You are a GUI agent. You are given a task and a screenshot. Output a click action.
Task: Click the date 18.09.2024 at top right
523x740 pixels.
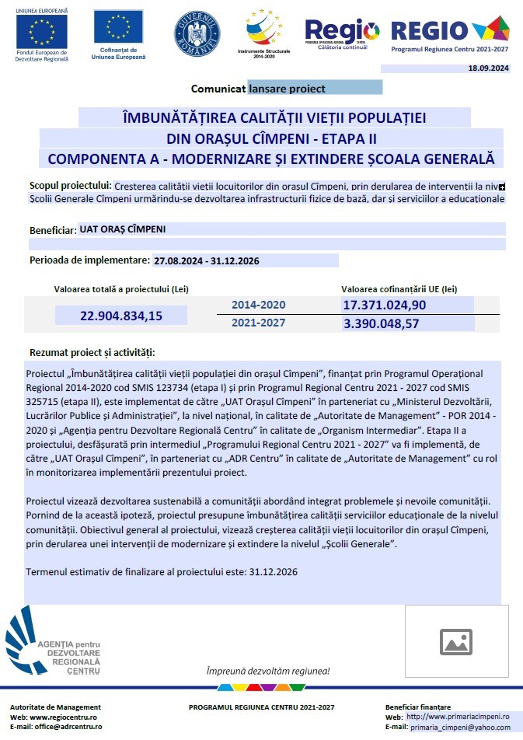click(488, 69)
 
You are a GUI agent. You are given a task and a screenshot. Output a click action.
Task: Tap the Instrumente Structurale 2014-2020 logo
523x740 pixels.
click(266, 30)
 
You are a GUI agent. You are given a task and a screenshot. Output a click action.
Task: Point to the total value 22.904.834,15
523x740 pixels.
click(121, 316)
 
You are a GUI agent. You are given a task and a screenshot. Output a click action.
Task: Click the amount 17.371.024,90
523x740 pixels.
click(385, 305)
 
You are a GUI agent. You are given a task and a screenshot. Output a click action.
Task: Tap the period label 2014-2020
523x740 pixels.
click(259, 305)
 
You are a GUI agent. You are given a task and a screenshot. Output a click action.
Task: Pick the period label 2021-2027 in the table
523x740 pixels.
click(259, 323)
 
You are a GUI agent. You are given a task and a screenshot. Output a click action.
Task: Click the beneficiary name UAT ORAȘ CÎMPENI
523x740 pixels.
click(123, 229)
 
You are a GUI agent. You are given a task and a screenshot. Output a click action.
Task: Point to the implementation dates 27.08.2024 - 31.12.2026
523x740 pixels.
click(207, 261)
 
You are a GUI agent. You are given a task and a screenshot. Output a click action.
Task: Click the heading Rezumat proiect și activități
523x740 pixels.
click(92, 352)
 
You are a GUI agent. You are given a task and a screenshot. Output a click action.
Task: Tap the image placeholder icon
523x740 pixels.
click(456, 641)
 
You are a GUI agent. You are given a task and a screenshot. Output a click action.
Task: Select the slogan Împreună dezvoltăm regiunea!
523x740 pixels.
click(268, 671)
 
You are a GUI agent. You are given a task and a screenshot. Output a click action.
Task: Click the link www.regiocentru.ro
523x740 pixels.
click(64, 717)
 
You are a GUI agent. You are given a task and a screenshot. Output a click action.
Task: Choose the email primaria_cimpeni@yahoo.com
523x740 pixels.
click(461, 727)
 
